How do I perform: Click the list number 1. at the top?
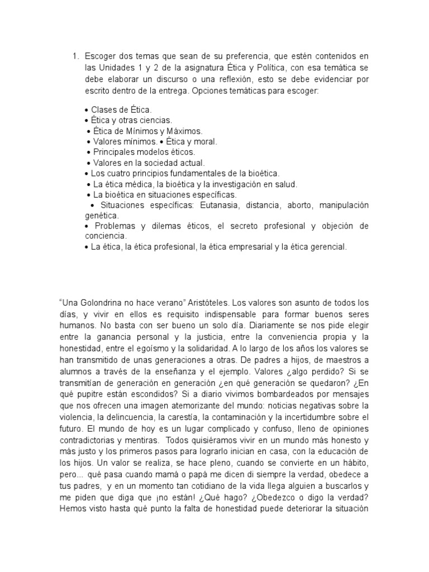[75, 56]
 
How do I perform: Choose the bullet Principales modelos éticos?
[143, 152]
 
